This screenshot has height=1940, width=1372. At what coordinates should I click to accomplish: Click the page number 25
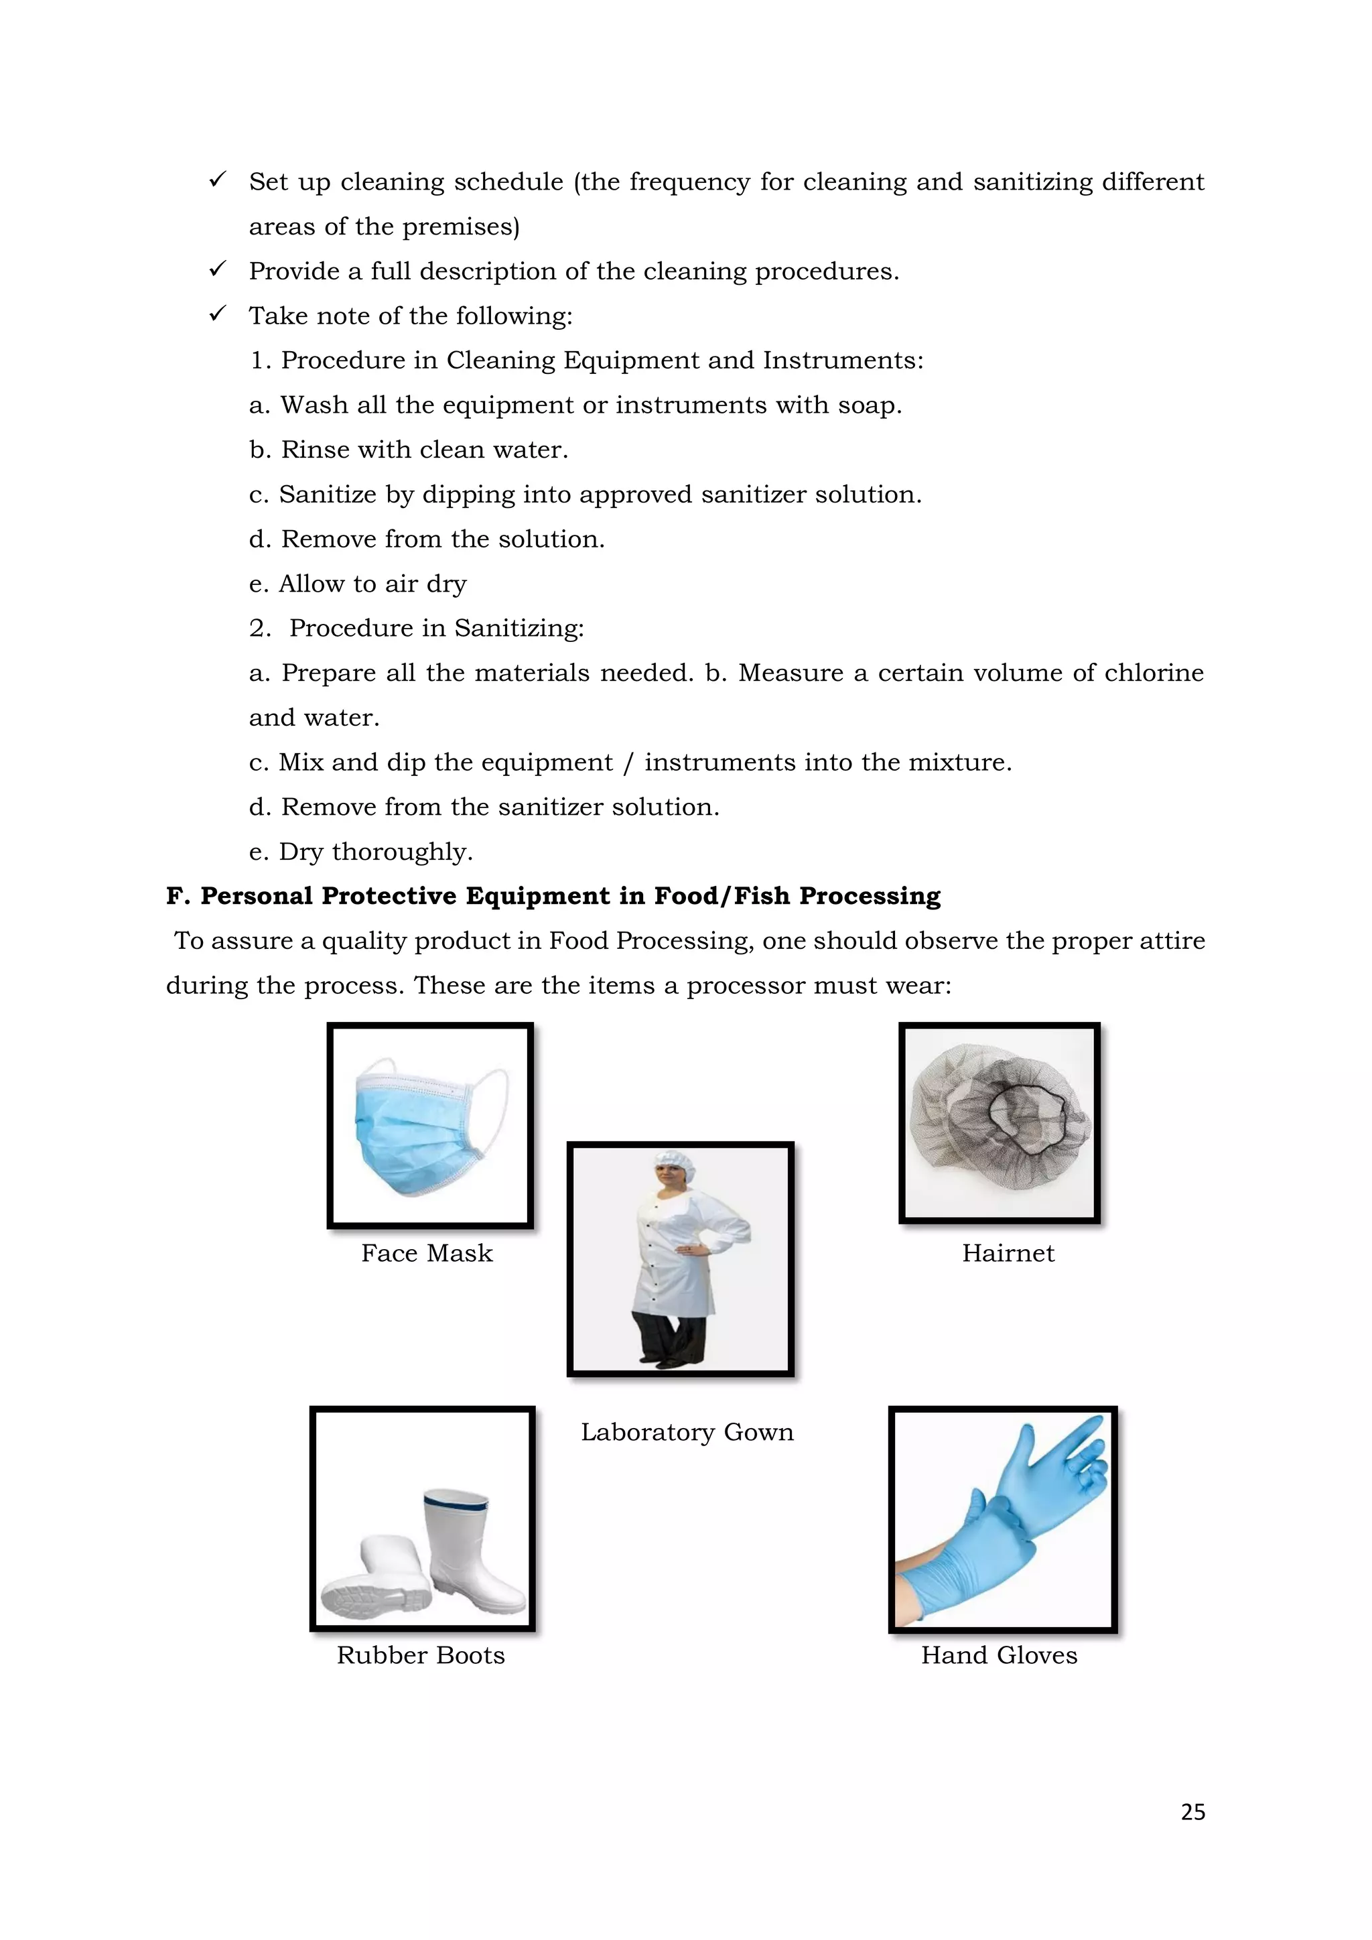[x=1192, y=1811]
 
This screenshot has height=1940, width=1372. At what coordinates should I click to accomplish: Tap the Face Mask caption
[x=427, y=1253]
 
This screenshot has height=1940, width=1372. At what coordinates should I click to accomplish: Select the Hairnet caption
[x=1008, y=1253]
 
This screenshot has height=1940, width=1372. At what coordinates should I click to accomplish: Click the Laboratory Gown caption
[x=687, y=1432]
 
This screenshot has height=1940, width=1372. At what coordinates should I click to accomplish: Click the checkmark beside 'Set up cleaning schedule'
[x=217, y=180]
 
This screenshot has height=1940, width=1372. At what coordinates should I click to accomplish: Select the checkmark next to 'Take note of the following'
[x=217, y=314]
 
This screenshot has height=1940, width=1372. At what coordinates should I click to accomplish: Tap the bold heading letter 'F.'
[x=178, y=896]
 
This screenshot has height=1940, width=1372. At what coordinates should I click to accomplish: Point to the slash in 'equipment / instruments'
[x=628, y=763]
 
